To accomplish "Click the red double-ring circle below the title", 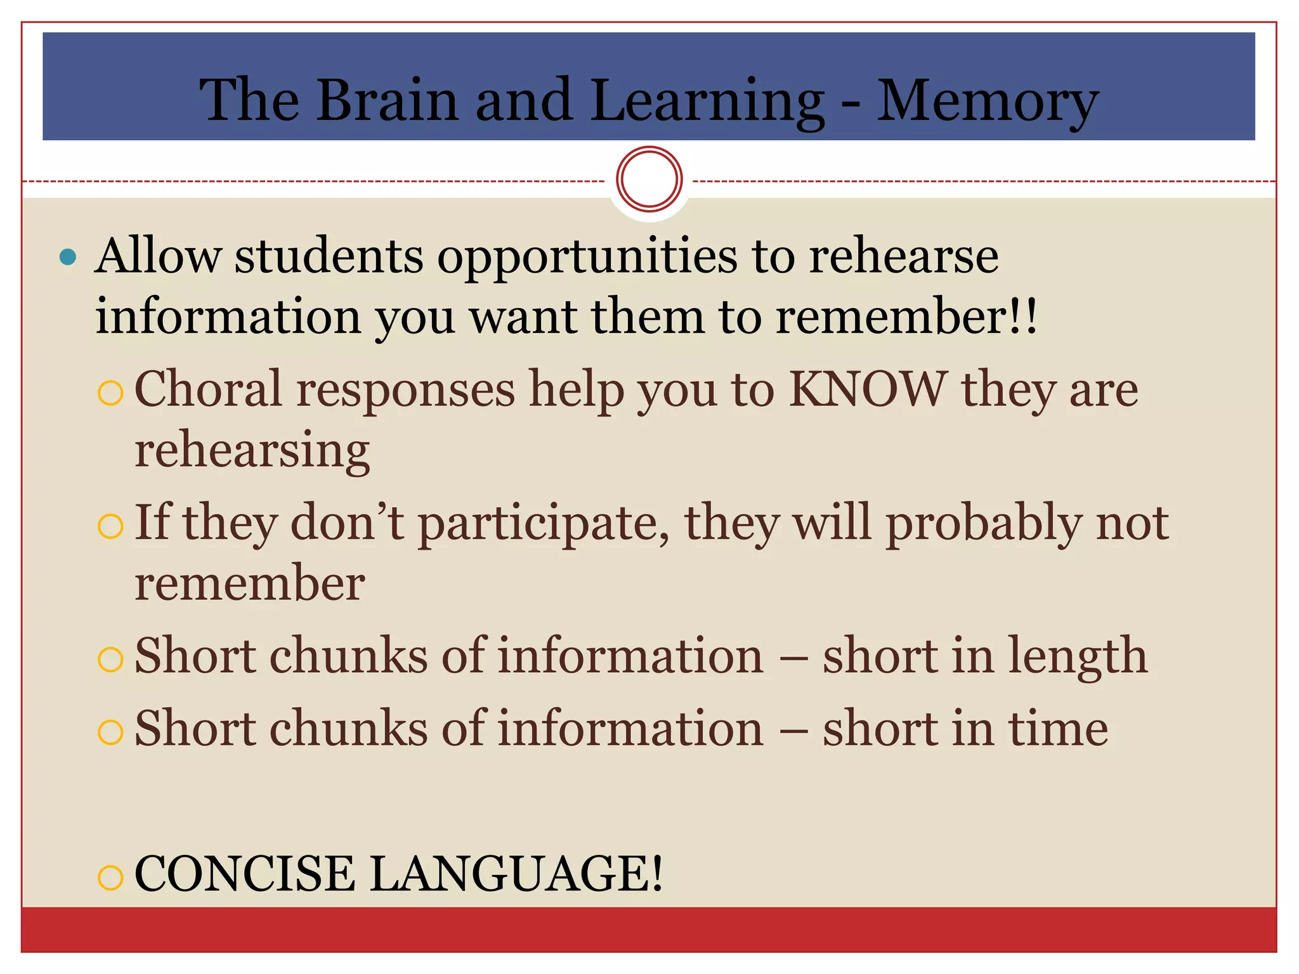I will pyautogui.click(x=649, y=179).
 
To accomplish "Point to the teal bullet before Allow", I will pyautogui.click(x=67, y=257).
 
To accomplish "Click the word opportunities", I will pyautogui.click(x=587, y=257).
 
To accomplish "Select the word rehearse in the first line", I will pyautogui.click(x=903, y=257).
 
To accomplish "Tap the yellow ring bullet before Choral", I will pyautogui.click(x=110, y=393).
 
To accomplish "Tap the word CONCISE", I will pyautogui.click(x=245, y=874).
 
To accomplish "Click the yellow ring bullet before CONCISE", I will pyautogui.click(x=110, y=878).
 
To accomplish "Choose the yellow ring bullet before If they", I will pyautogui.click(x=110, y=526).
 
